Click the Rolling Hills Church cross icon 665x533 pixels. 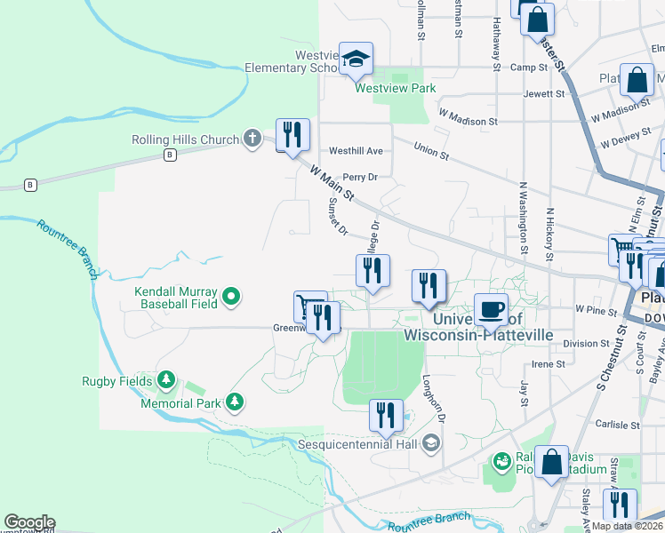[x=252, y=139]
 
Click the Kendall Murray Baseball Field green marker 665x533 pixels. [x=231, y=297]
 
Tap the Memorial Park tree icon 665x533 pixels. [x=235, y=402]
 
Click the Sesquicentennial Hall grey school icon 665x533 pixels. [x=430, y=442]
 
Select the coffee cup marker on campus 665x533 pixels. [x=491, y=310]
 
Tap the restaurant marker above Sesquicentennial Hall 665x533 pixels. [x=386, y=416]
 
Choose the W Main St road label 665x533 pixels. [x=332, y=181]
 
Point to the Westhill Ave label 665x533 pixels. [x=356, y=151]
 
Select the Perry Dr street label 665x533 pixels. [x=361, y=177]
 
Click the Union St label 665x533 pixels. [x=431, y=153]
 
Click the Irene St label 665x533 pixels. [x=549, y=364]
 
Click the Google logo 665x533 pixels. [x=29, y=522]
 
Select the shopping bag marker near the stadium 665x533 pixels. [x=551, y=462]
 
